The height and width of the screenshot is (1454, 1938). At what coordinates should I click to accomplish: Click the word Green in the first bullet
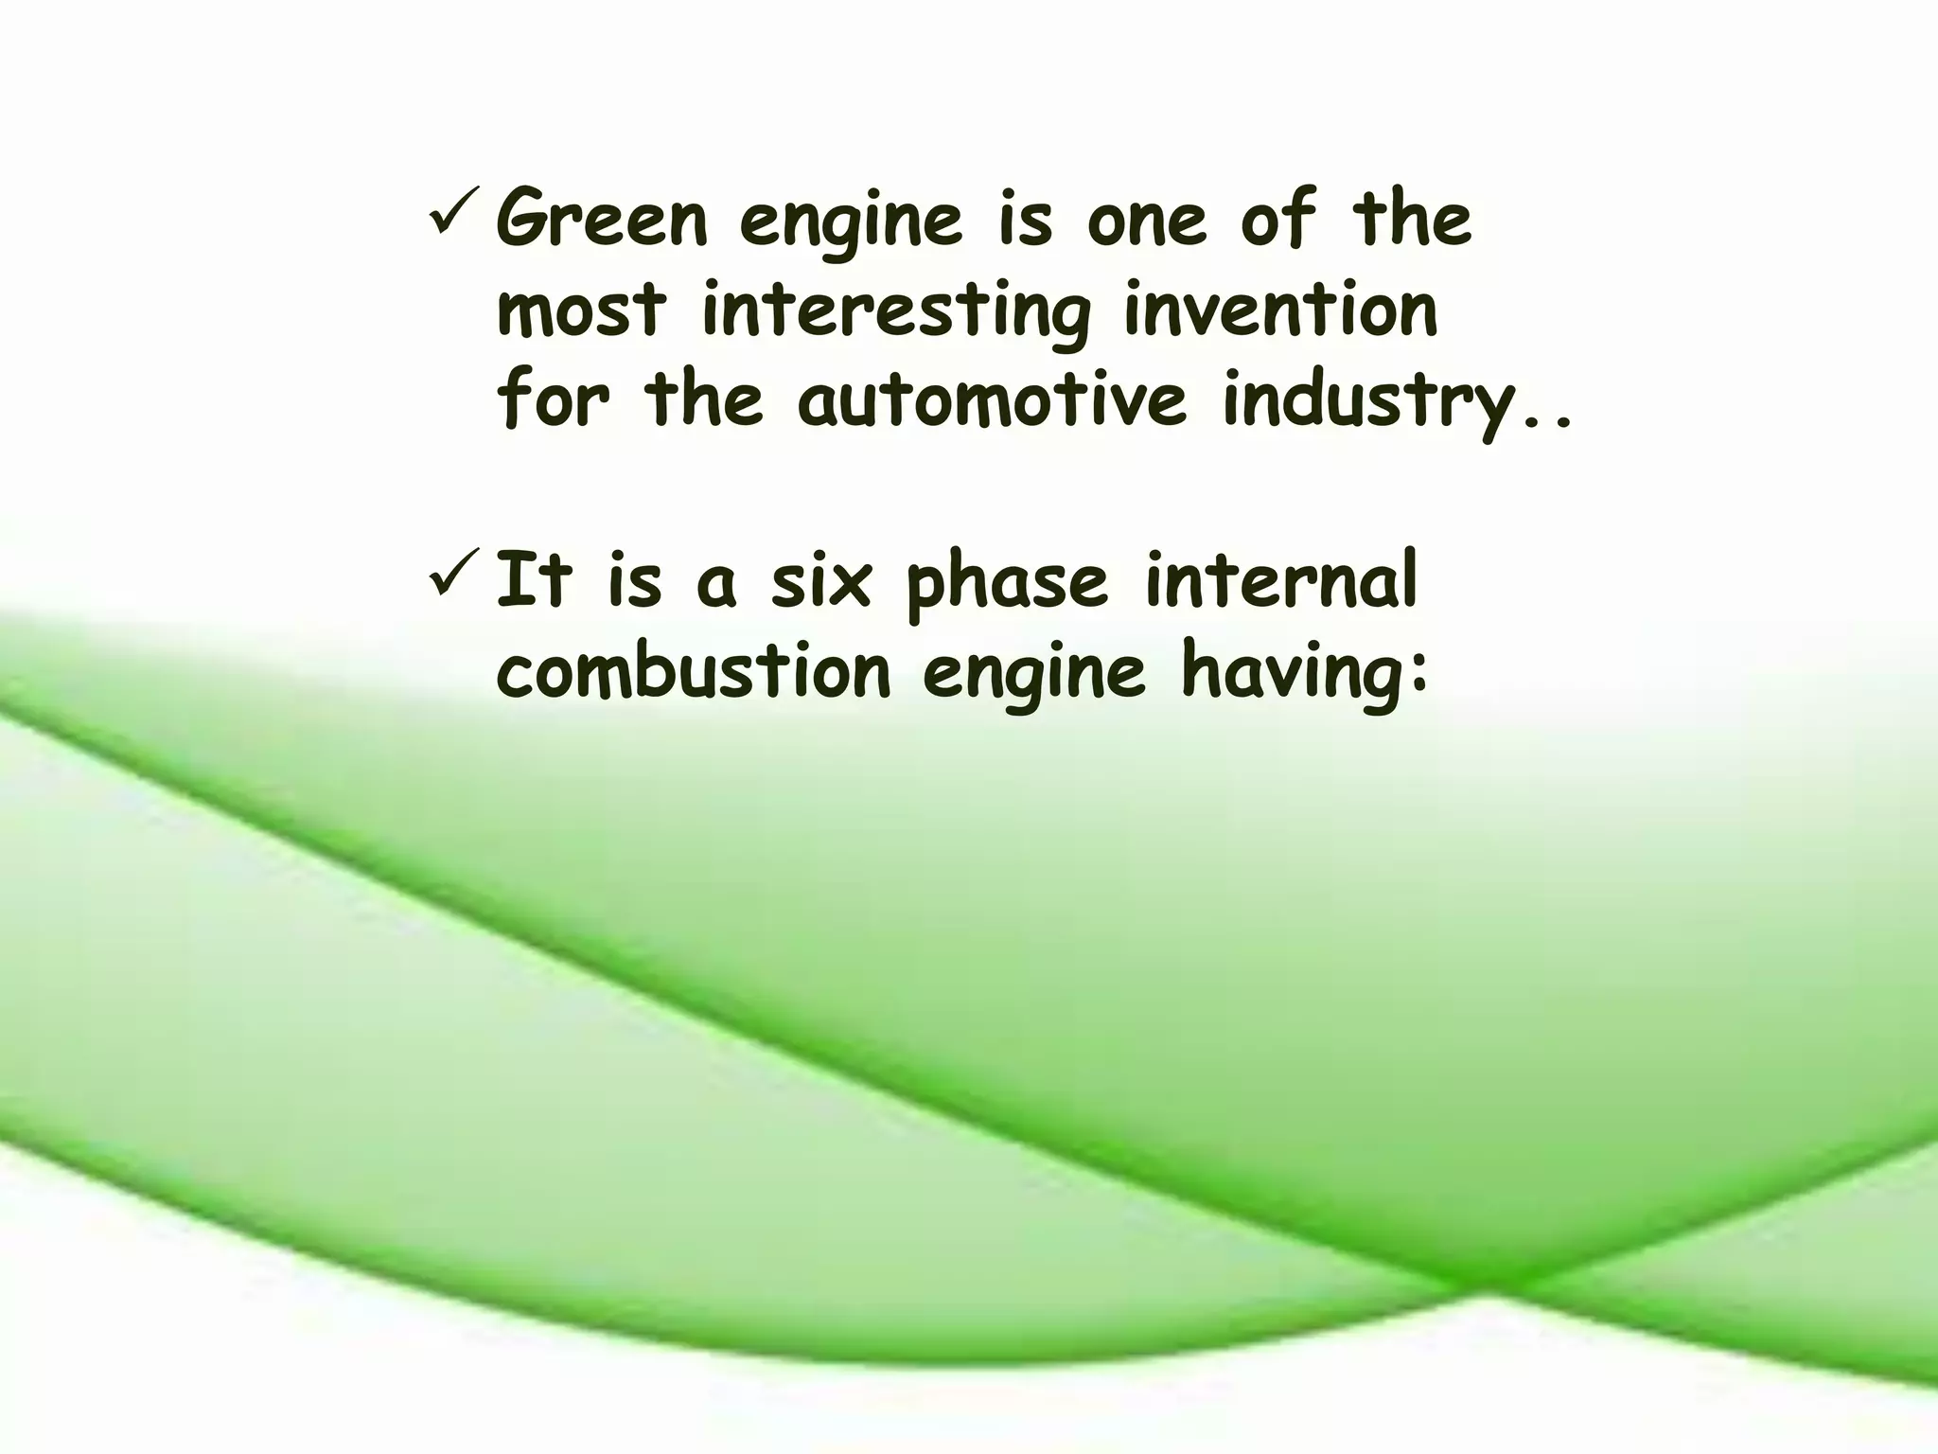pos(602,220)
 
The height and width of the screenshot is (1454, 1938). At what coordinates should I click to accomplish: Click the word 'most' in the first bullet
pos(582,310)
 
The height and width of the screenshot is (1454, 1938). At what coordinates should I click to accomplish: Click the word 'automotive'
pos(993,399)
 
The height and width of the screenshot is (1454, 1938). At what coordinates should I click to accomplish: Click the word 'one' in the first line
pos(1146,221)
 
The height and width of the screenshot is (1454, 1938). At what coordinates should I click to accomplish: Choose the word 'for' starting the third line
pos(554,399)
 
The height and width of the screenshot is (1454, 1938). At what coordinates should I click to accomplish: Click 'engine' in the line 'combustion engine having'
pos(1033,674)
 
